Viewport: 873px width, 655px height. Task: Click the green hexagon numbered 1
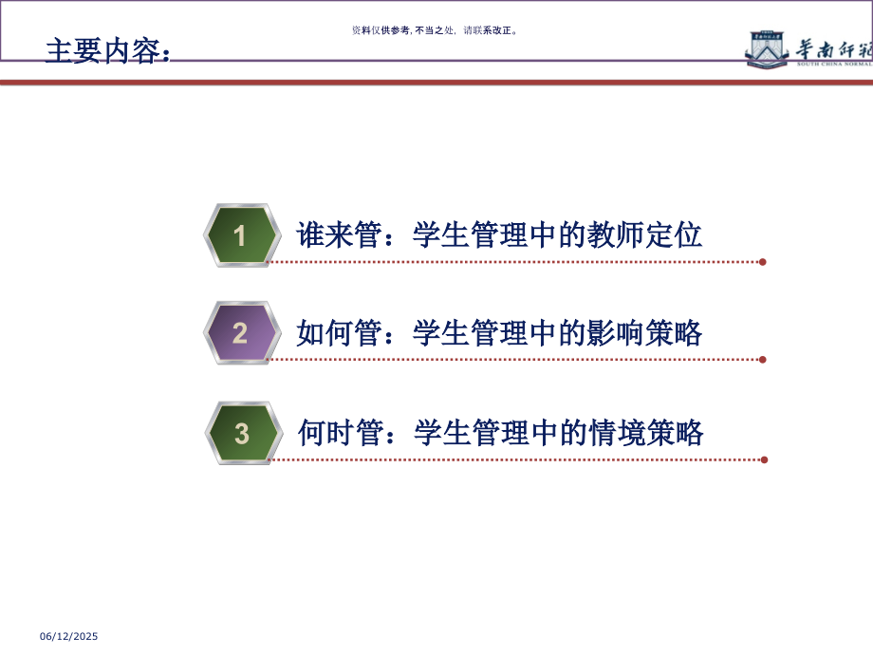coord(241,235)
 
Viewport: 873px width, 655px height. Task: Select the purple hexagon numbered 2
coord(241,333)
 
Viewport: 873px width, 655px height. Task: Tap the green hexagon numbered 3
coord(243,434)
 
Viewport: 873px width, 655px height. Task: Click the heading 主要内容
coord(107,50)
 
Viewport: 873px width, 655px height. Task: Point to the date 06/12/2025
coord(67,637)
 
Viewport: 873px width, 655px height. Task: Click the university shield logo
coord(767,48)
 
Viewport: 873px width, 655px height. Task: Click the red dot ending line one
coord(763,262)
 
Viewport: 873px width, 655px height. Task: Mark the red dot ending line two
coord(763,360)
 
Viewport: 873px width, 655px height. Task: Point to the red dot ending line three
coord(764,459)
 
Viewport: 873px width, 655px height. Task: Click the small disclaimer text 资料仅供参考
coord(381,30)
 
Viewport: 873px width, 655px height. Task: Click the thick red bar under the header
coord(436,83)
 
